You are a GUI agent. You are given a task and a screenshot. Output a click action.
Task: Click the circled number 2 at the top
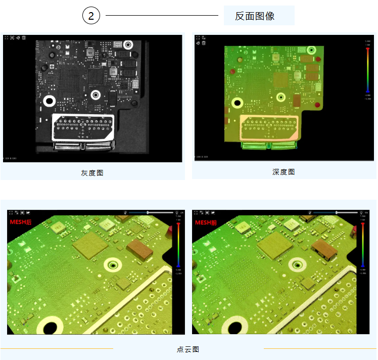pyautogui.click(x=91, y=16)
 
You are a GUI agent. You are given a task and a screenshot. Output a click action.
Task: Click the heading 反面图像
pyautogui.click(x=255, y=16)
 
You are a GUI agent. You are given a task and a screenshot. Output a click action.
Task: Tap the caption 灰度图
pyautogui.click(x=92, y=172)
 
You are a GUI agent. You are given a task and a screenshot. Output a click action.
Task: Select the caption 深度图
pyautogui.click(x=283, y=172)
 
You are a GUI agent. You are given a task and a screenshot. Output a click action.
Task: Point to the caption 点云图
pyautogui.click(x=188, y=349)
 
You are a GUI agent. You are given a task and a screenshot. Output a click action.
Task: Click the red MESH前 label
pyautogui.click(x=206, y=221)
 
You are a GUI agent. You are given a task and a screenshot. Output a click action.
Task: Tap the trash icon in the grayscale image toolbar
pyautogui.click(x=24, y=37)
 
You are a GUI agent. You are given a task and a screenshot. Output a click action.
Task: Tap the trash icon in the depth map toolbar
pyautogui.click(x=204, y=43)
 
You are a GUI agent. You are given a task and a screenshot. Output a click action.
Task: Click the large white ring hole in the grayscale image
pyautogui.click(x=50, y=101)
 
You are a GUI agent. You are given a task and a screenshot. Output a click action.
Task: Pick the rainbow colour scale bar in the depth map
pyautogui.click(x=367, y=69)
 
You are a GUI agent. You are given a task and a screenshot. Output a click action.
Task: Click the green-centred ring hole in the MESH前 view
pyautogui.click(x=297, y=264)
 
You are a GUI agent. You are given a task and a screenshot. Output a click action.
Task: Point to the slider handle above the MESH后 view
pyautogui.click(x=148, y=212)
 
